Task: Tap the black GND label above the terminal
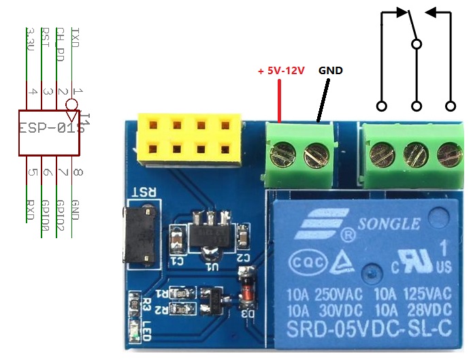[x=331, y=71]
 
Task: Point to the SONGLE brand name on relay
[x=389, y=223]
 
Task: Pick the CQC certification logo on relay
[x=299, y=263]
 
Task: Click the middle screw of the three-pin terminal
[x=414, y=154]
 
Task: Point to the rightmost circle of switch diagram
[x=450, y=105]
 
